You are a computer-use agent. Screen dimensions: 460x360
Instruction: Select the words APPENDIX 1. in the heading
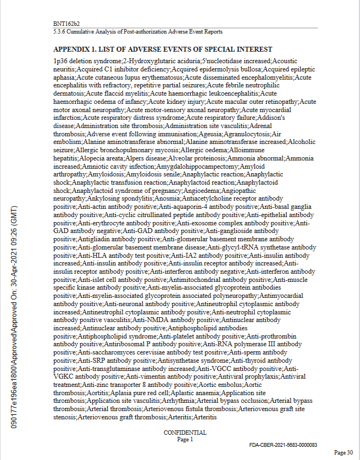click(x=79, y=49)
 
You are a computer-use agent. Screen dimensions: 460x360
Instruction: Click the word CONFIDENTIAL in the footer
click(x=185, y=433)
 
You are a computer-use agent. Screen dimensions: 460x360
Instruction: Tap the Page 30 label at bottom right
click(x=344, y=452)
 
